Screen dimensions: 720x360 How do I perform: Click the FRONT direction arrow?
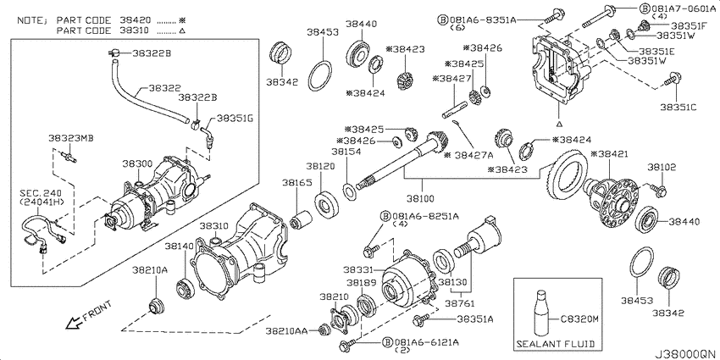pyautogui.click(x=73, y=324)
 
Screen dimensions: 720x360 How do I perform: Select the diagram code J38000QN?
pyautogui.click(x=686, y=354)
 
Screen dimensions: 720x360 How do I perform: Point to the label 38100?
pyautogui.click(x=420, y=199)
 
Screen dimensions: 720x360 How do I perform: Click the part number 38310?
pyautogui.click(x=213, y=226)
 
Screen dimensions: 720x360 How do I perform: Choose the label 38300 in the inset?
pyautogui.click(x=136, y=164)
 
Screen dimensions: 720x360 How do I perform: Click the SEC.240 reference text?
pyautogui.click(x=39, y=192)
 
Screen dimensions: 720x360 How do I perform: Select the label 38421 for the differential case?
pyautogui.click(x=609, y=154)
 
